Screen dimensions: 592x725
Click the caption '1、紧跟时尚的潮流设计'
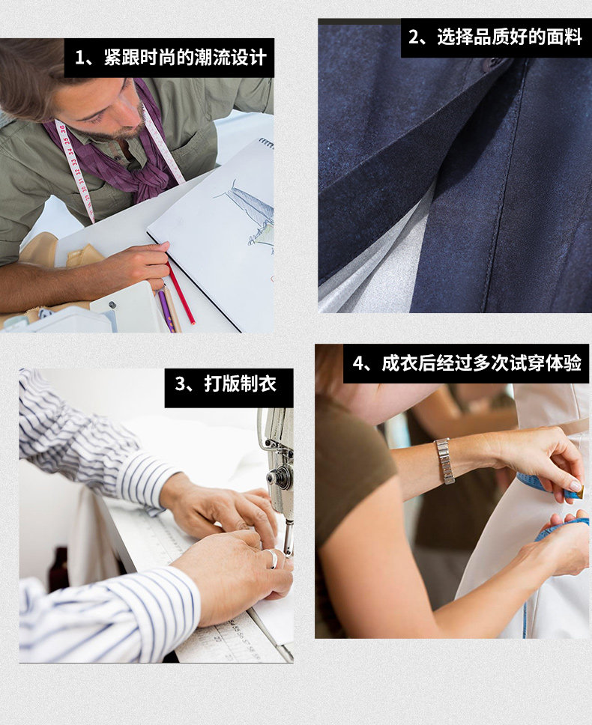(171, 58)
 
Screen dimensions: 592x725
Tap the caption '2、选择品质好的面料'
(495, 37)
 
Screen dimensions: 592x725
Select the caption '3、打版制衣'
(226, 383)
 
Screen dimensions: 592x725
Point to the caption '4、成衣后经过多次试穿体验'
(467, 363)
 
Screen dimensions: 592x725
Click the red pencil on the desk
(181, 293)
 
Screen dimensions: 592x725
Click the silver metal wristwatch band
(445, 461)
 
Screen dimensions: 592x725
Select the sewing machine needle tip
(289, 553)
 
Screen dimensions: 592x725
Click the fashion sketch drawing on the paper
(250, 213)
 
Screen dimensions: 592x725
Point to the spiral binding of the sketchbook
(266, 143)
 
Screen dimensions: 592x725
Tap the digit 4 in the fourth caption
(358, 363)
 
